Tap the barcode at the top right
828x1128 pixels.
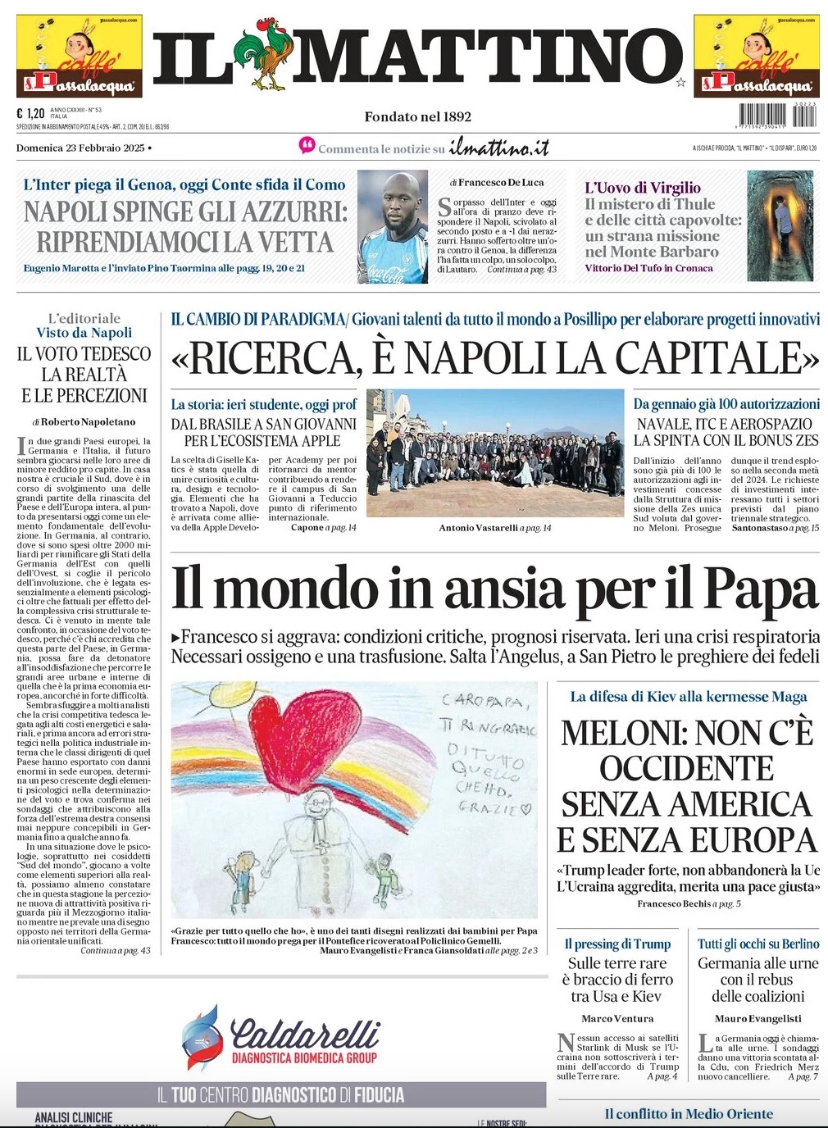(777, 115)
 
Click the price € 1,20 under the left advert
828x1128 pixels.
(30, 114)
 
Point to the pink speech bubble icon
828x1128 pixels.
(307, 146)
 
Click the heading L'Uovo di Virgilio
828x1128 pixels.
(643, 188)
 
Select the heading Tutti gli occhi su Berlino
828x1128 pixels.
(758, 944)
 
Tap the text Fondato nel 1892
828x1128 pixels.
(418, 116)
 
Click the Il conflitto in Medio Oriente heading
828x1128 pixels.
(689, 1113)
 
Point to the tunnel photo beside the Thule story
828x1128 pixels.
(780, 226)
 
